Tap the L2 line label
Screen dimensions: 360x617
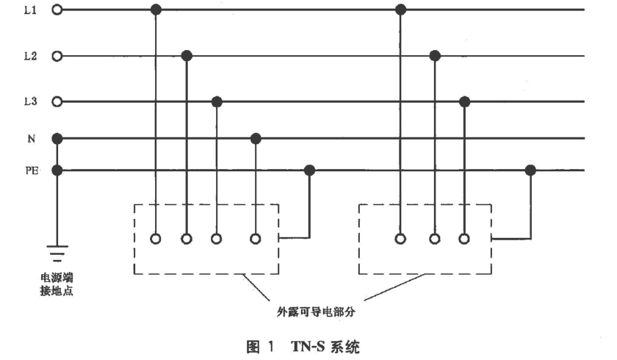click(30, 55)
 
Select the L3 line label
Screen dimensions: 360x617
click(30, 101)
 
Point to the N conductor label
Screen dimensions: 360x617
click(31, 138)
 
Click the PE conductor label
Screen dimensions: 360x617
click(31, 170)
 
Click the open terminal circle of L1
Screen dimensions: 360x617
click(57, 10)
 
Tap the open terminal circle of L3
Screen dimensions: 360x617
click(57, 101)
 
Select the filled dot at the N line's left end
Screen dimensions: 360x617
click(57, 138)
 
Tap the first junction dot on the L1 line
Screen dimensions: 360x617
click(156, 10)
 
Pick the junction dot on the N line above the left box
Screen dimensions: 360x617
click(255, 138)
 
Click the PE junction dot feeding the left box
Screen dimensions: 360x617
click(309, 170)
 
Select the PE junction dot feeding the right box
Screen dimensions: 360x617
click(530, 170)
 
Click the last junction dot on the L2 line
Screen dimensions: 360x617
click(435, 55)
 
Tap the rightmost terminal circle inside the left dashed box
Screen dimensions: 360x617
click(255, 239)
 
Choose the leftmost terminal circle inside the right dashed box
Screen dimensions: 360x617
click(400, 239)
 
